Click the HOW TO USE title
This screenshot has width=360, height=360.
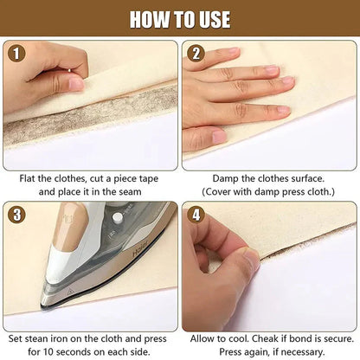[x=180, y=18]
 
